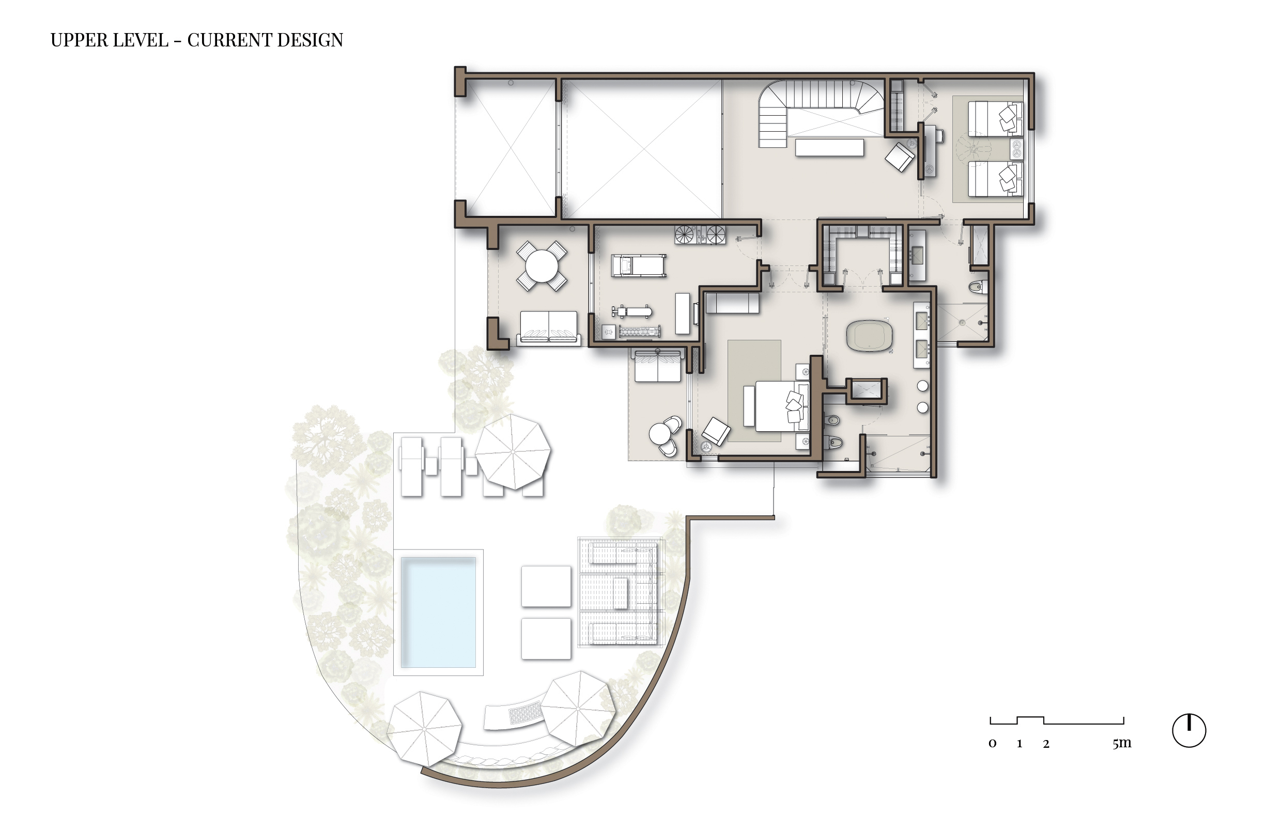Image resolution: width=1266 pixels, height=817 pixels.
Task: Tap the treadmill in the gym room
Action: click(x=638, y=265)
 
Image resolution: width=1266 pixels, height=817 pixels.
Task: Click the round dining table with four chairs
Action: click(x=541, y=266)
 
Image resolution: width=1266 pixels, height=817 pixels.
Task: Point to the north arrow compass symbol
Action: click(x=1188, y=731)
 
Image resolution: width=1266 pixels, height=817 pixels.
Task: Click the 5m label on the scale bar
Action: click(x=1122, y=743)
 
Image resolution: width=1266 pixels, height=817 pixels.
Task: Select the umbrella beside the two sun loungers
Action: click(x=513, y=451)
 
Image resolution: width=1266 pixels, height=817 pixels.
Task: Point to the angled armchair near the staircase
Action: click(x=900, y=156)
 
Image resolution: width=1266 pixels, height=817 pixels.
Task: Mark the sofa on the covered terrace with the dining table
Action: click(x=548, y=326)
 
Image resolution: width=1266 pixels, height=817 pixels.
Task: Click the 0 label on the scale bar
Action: click(x=992, y=744)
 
